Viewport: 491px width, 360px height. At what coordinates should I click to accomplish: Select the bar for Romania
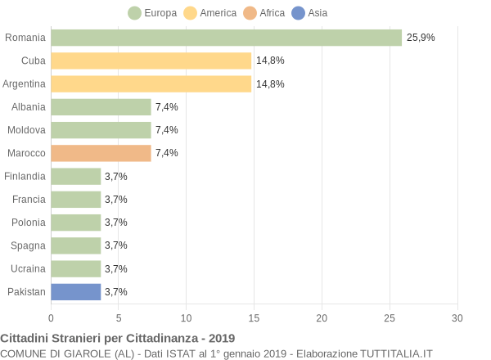tap(226, 38)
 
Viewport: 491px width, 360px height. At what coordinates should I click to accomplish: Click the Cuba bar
tap(151, 61)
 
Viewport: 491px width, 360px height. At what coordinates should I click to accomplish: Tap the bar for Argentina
tap(151, 83)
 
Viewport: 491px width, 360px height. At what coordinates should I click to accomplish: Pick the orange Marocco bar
tap(101, 153)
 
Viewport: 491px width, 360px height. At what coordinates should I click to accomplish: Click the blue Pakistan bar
tap(75, 291)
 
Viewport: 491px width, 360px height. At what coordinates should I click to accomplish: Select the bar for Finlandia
tap(75, 176)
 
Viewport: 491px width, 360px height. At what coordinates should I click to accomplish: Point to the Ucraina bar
tap(75, 268)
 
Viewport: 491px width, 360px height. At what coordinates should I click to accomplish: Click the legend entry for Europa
tap(152, 12)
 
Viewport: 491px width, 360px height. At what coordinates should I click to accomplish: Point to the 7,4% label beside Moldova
tap(166, 130)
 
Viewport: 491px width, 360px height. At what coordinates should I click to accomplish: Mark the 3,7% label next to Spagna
tap(116, 245)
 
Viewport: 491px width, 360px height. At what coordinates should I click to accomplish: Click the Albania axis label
tap(29, 106)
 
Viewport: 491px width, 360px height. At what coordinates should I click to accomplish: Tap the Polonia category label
tap(29, 223)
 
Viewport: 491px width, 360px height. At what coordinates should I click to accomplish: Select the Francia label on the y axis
tap(29, 199)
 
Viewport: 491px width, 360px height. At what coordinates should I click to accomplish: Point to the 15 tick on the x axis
tap(255, 317)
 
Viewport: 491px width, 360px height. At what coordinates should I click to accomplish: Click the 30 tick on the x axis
tap(457, 317)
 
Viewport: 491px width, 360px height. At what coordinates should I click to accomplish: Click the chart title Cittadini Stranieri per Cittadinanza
tap(118, 338)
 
